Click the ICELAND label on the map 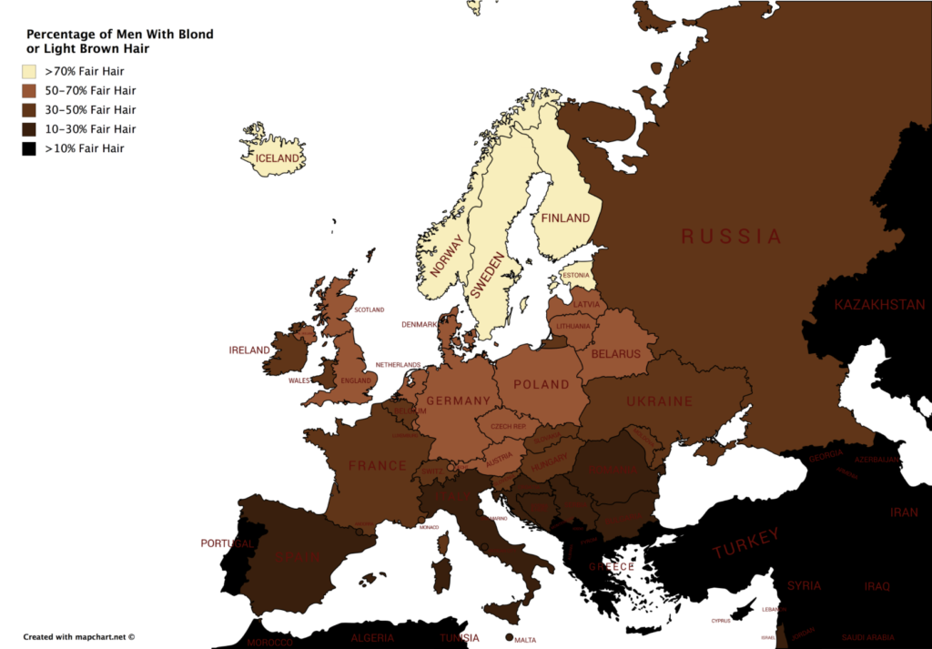click(278, 158)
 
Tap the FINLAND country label click(565, 218)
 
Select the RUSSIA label click(731, 237)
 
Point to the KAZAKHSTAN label click(879, 305)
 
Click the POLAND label click(541, 385)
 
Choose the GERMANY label click(458, 401)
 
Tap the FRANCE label click(378, 466)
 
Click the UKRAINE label click(659, 401)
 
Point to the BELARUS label click(615, 354)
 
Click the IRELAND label click(249, 350)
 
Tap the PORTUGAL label click(228, 543)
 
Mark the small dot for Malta click(508, 638)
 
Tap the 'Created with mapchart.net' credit click(79, 637)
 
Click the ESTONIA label click(575, 275)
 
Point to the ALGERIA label click(372, 638)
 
